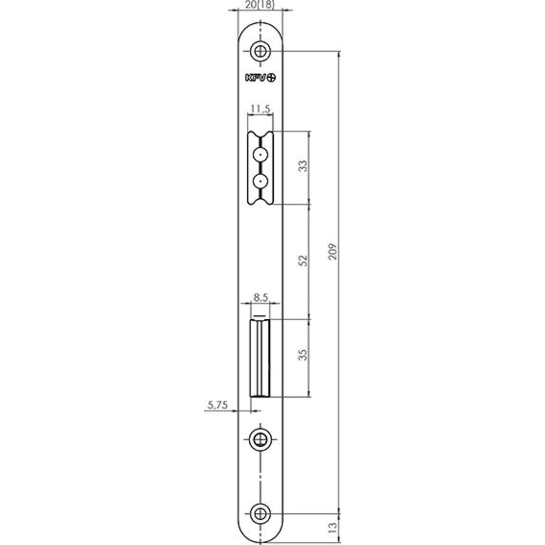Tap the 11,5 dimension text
[260, 108]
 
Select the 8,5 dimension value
[260, 298]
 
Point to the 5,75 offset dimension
[218, 405]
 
